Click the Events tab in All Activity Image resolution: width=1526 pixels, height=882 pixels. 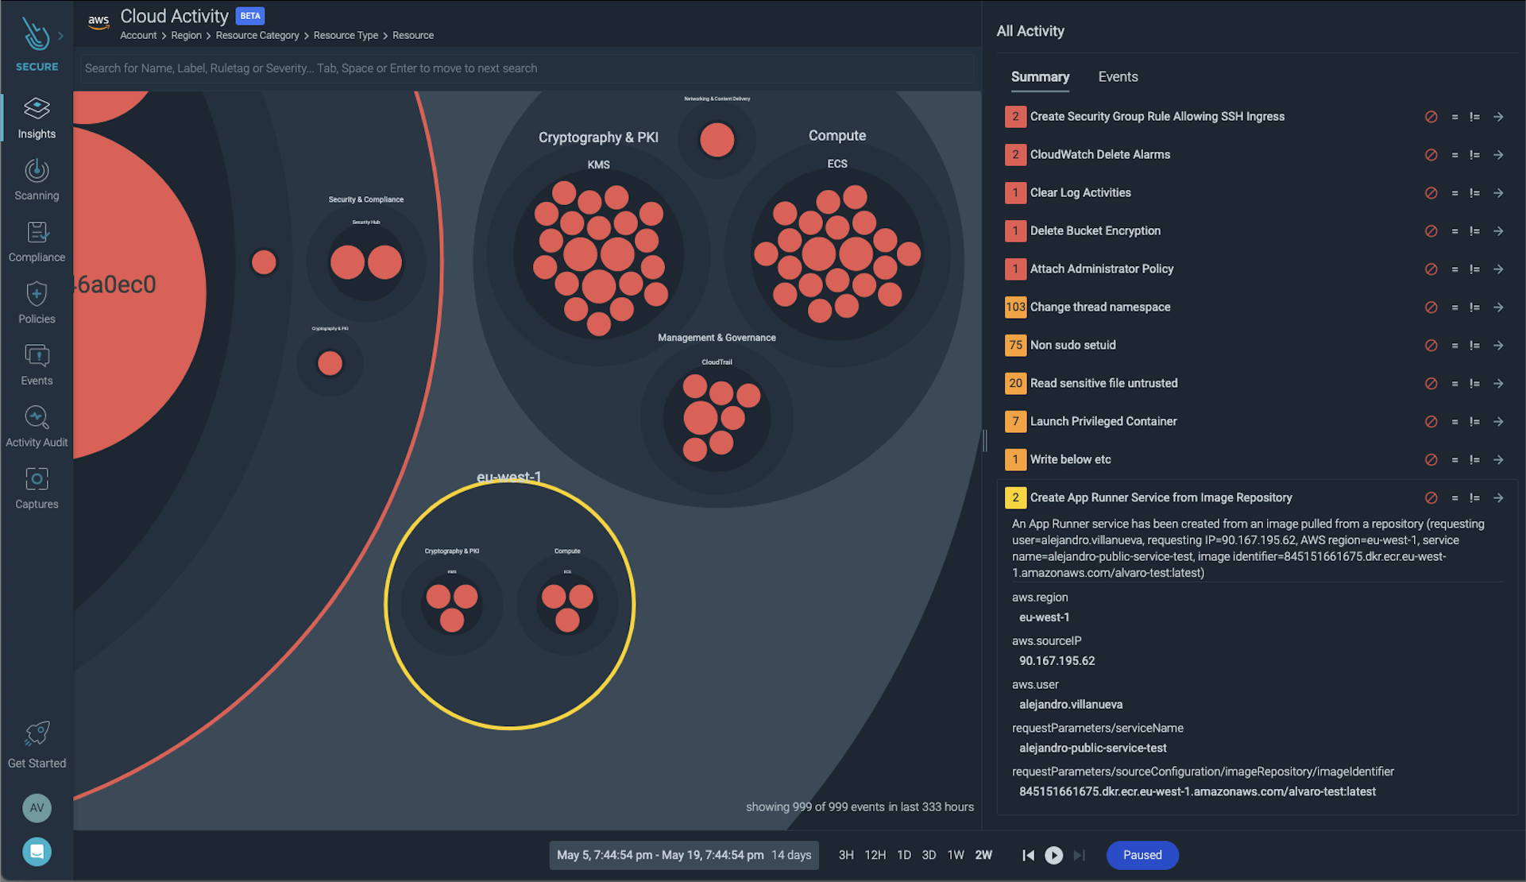click(x=1117, y=77)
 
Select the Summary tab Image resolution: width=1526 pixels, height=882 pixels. click(x=1039, y=77)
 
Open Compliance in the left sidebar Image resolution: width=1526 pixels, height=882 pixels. click(x=37, y=242)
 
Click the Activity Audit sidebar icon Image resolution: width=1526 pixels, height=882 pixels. click(x=37, y=417)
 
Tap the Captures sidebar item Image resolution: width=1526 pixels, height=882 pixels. click(x=37, y=488)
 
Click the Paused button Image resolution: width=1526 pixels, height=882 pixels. click(x=1142, y=855)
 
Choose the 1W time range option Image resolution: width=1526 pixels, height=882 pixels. click(x=955, y=855)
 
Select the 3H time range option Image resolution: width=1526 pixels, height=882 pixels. click(x=845, y=855)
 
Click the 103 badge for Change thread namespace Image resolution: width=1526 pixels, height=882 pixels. click(x=1014, y=307)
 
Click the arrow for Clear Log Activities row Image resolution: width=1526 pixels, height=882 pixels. click(x=1497, y=193)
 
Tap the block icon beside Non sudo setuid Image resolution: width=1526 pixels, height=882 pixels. click(x=1430, y=346)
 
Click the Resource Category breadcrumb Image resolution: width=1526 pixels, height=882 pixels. click(x=257, y=36)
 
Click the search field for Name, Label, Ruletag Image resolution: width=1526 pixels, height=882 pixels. click(x=524, y=68)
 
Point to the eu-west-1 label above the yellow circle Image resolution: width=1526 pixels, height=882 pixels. click(x=508, y=477)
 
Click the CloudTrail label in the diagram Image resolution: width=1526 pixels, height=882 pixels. click(x=717, y=362)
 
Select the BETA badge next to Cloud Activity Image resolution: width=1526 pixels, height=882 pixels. click(x=250, y=16)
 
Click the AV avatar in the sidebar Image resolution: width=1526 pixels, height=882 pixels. click(x=37, y=808)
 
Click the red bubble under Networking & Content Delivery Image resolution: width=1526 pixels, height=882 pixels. click(x=717, y=141)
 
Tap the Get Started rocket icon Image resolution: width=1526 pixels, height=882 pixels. click(x=37, y=733)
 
